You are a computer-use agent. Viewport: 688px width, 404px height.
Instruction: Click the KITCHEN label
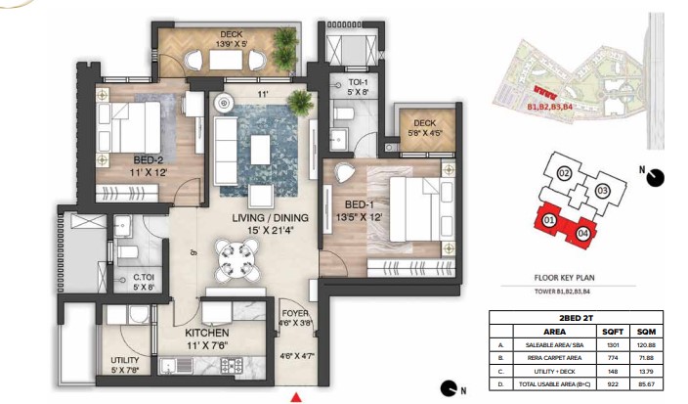click(206, 333)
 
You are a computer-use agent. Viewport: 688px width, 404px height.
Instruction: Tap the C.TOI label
click(145, 277)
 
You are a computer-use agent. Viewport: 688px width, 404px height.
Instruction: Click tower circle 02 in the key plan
click(564, 173)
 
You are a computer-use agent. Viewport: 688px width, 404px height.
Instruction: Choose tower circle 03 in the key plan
click(602, 190)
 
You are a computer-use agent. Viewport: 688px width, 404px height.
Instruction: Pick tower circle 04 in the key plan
click(582, 232)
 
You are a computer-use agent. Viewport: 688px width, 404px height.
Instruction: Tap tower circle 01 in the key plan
click(549, 221)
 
